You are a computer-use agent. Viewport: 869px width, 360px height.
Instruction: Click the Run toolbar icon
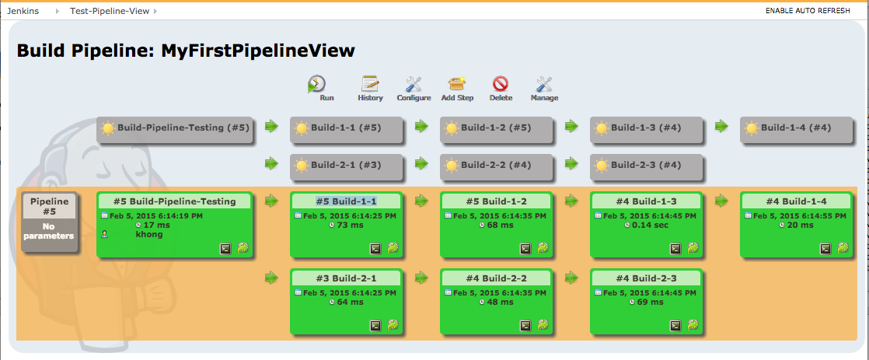click(316, 84)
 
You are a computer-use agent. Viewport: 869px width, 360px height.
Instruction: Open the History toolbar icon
click(370, 84)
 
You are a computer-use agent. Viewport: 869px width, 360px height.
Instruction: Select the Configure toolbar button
click(414, 84)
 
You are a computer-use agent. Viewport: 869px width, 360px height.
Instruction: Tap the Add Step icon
click(457, 84)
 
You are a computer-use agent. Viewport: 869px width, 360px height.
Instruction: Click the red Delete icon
click(501, 84)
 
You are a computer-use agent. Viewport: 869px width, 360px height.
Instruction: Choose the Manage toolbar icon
click(544, 84)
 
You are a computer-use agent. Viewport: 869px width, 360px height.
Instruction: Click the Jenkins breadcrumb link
click(23, 11)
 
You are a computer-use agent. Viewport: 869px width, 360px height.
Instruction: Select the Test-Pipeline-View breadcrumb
click(109, 11)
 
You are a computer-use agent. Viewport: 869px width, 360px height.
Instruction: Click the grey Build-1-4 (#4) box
click(796, 129)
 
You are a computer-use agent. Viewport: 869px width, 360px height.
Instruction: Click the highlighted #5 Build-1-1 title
click(347, 201)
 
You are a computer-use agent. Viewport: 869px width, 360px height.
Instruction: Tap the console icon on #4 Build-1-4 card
click(825, 249)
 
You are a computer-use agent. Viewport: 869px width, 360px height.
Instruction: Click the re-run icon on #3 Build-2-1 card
click(393, 326)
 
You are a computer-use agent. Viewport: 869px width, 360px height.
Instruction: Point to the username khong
click(148, 235)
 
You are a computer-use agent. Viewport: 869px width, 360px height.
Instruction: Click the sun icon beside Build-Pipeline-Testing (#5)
click(108, 128)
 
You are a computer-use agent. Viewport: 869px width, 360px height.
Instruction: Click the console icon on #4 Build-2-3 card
click(675, 326)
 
